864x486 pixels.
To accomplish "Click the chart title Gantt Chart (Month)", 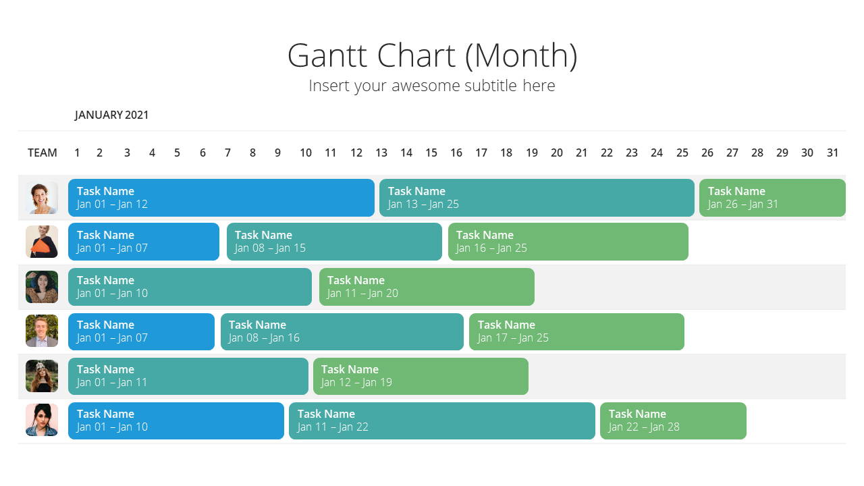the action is pos(432,56).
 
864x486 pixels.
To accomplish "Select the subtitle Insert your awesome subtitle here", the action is pos(432,86).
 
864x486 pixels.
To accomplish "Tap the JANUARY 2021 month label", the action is pos(111,115).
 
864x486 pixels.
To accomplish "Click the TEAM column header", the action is pos(42,153).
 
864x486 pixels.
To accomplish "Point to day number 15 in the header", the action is pos(431,153).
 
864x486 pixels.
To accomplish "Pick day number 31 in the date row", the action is pos(832,153).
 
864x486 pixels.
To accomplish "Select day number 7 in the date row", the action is pos(227,153).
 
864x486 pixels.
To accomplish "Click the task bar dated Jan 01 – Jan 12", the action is pos(221,198).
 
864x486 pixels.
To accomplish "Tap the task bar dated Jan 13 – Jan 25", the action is pos(537,198).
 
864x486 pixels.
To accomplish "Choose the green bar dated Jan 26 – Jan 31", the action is pos(772,198).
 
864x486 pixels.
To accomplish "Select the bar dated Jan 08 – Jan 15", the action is pos(334,242).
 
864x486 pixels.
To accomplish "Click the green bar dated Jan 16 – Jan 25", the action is pos(568,242).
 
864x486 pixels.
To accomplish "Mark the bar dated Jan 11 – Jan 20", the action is pos(427,287).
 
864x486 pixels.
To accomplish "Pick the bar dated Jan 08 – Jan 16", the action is pos(342,331).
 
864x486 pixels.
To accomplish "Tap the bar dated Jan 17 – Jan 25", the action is pos(576,331).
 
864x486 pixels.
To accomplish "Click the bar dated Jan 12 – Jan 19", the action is pos(421,376).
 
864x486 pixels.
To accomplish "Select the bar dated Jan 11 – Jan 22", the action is pos(442,421).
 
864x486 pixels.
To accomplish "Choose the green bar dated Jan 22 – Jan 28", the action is pos(673,421).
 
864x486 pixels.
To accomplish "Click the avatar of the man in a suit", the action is pos(42,331).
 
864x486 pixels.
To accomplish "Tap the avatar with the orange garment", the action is pos(42,242).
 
